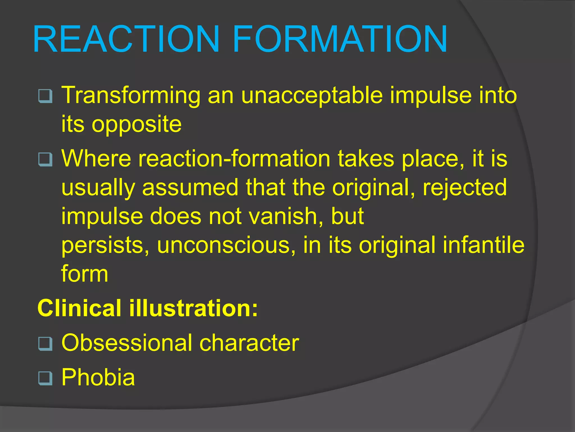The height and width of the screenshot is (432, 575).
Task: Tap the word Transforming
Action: click(x=131, y=96)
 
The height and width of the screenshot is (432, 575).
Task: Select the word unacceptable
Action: click(x=312, y=96)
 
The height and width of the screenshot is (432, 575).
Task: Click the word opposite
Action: click(x=136, y=125)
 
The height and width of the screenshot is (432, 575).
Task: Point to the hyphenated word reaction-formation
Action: click(x=234, y=159)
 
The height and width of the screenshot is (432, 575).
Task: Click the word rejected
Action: click(x=465, y=187)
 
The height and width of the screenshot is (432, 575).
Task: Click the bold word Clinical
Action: click(x=79, y=308)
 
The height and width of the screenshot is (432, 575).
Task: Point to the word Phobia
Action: click(x=98, y=377)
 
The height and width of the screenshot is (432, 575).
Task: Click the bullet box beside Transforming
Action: click(x=45, y=96)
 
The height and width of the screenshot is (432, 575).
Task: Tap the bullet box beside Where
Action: click(x=45, y=159)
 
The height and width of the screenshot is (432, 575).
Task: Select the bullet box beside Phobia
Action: click(x=45, y=378)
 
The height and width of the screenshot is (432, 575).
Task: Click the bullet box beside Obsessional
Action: click(x=45, y=343)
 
